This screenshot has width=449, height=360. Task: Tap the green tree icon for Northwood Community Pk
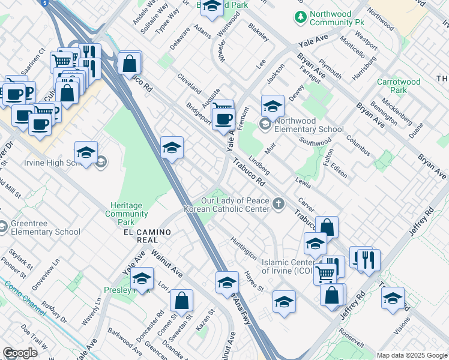click(x=300, y=17)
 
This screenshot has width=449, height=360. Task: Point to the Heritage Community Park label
click(x=127, y=209)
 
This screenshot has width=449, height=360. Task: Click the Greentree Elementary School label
click(x=45, y=228)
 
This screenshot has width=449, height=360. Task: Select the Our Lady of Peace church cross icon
click(x=278, y=204)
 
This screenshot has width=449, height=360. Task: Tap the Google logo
click(x=20, y=352)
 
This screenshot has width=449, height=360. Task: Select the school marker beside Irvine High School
click(x=86, y=153)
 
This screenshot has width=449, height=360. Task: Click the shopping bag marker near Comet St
click(x=181, y=301)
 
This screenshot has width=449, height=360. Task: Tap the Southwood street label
click(x=316, y=143)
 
